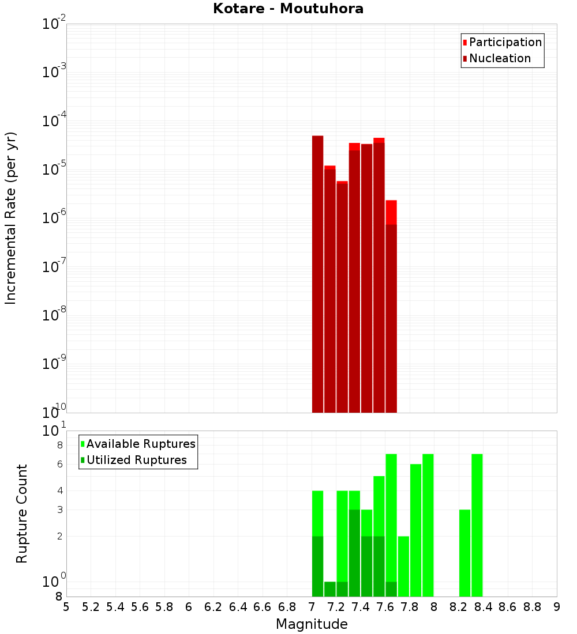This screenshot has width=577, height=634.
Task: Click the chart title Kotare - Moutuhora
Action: pos(288,9)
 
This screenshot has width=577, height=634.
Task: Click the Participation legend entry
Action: pos(505,42)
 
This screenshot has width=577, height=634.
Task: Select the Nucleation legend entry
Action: pos(500,58)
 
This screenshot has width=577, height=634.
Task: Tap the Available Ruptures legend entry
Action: pos(141,444)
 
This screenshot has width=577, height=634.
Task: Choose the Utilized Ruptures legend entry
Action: pos(136,460)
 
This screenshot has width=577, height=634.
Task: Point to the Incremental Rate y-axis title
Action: pos(11,218)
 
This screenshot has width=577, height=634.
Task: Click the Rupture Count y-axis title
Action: pos(22,514)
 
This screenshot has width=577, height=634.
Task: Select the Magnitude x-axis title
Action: pos(312,624)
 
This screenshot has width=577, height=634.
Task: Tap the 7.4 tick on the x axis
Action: pos(361,607)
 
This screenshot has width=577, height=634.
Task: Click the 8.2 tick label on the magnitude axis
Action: pos(459,607)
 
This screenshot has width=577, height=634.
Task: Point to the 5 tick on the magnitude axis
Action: pos(66,607)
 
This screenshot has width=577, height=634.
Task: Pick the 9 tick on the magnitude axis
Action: pos(557,607)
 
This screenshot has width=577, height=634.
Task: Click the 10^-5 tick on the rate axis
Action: pos(53,169)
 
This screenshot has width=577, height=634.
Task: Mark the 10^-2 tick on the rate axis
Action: pos(53,24)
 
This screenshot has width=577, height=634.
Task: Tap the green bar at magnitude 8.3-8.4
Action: pos(477,524)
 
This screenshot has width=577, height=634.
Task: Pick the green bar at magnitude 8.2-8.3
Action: pos(464,553)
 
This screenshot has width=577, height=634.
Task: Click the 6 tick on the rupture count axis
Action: pos(59,465)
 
